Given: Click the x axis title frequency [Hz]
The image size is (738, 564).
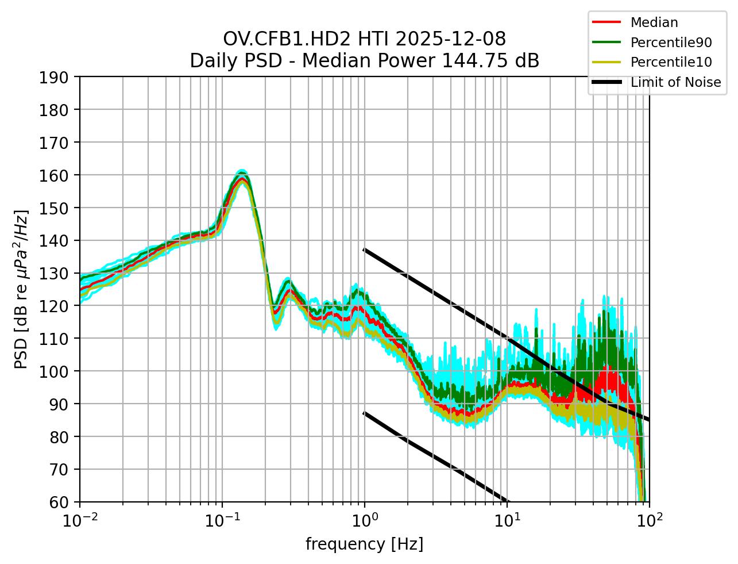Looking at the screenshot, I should pos(364,544).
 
